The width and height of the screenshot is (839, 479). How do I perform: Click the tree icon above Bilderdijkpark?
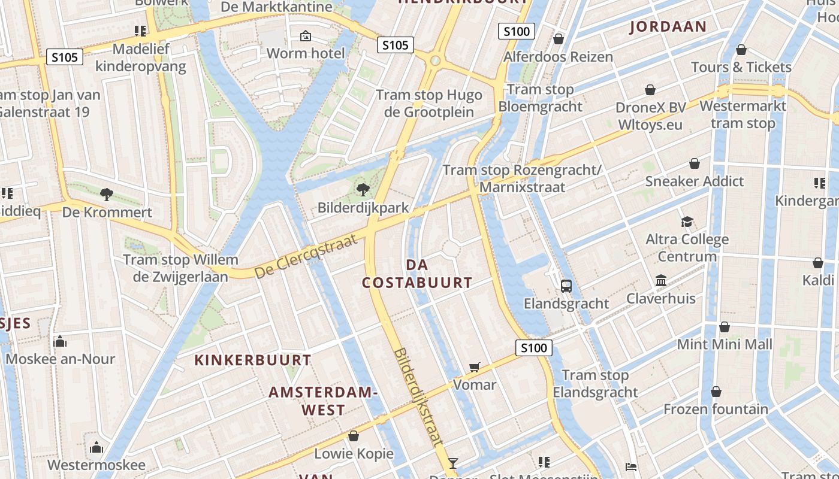click(x=363, y=190)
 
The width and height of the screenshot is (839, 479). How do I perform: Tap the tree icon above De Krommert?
click(x=107, y=194)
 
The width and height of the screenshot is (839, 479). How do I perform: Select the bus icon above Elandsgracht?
click(x=566, y=286)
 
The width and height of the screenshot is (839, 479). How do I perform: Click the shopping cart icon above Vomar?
click(x=475, y=367)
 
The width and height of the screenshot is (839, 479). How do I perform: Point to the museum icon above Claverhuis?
click(x=661, y=281)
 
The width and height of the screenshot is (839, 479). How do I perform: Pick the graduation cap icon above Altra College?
click(x=687, y=222)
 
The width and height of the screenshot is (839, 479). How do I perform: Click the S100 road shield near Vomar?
click(x=533, y=348)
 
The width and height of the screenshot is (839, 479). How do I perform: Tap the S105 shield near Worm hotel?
click(x=396, y=45)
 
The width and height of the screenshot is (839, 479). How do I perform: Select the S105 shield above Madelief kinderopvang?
click(x=64, y=57)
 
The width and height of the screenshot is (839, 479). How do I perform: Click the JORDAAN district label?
click(x=668, y=26)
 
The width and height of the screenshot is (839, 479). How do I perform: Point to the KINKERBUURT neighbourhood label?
click(x=253, y=360)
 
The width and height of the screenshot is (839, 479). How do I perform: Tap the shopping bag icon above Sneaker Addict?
click(x=695, y=163)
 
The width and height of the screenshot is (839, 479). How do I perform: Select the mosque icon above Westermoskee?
click(x=96, y=448)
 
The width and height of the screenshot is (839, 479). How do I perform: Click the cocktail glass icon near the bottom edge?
click(x=453, y=463)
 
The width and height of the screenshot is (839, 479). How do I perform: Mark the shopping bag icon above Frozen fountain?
click(x=716, y=392)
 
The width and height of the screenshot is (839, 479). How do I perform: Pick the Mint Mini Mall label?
click(x=725, y=344)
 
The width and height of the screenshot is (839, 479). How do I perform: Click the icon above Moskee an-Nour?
click(x=59, y=341)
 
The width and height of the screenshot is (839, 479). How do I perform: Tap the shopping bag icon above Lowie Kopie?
click(x=354, y=436)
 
